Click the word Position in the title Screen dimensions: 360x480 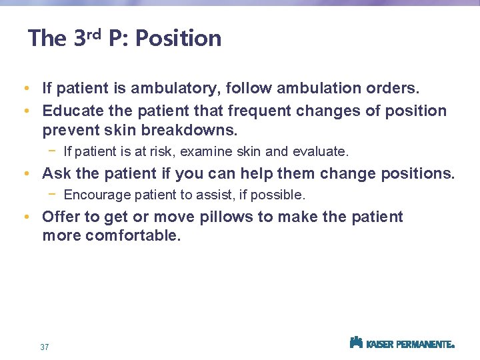(178, 39)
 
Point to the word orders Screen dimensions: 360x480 (391, 88)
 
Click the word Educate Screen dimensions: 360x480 (69, 111)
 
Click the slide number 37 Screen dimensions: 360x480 (45, 347)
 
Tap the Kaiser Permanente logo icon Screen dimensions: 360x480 (356, 342)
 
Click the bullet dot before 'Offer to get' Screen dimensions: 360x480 (25, 217)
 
